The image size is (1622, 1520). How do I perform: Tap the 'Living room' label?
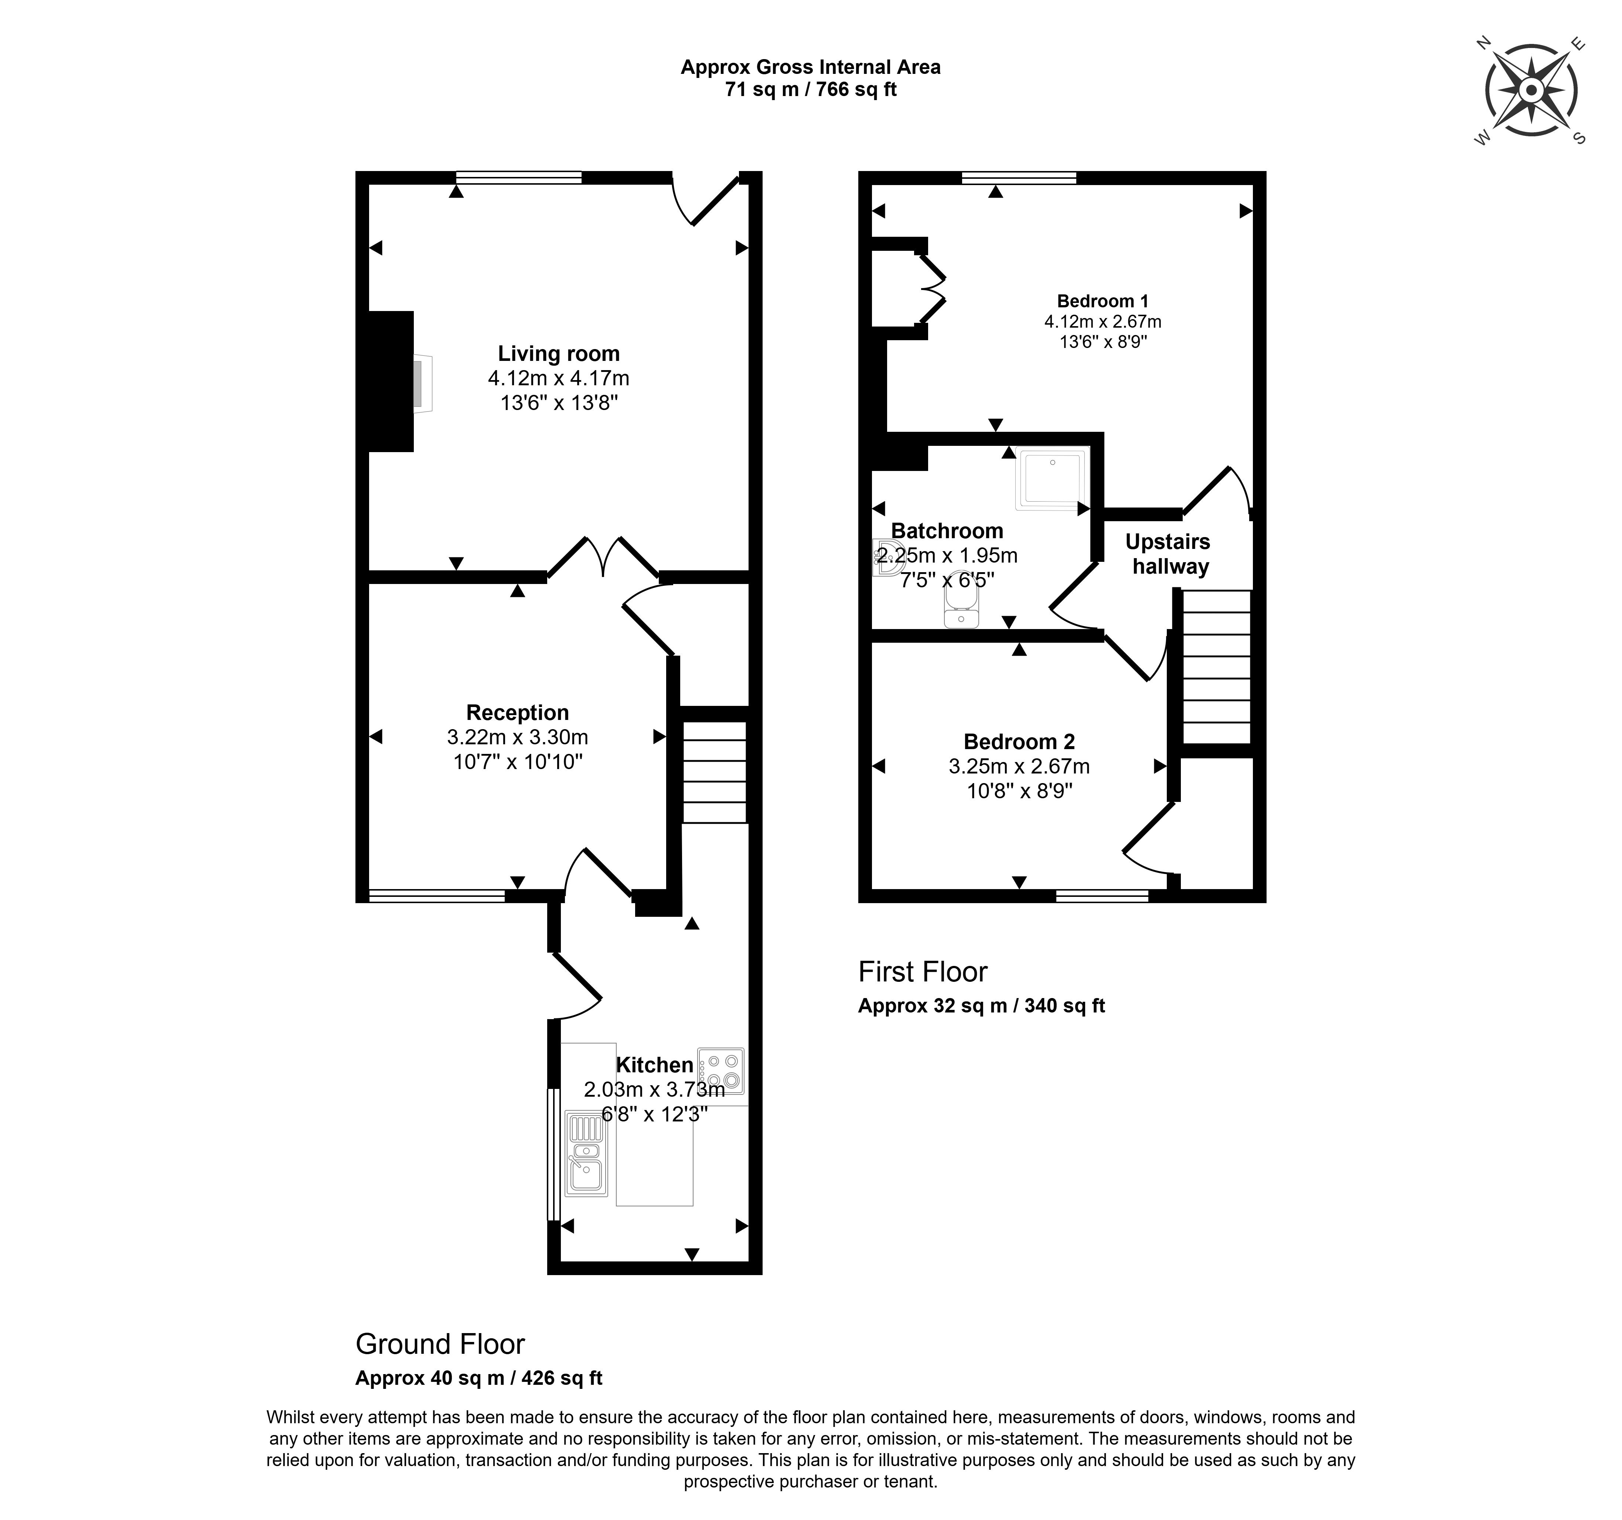pyautogui.click(x=559, y=353)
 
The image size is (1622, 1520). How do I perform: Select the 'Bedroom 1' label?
pyautogui.click(x=1102, y=301)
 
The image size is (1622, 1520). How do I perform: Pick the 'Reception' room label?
pyautogui.click(x=517, y=712)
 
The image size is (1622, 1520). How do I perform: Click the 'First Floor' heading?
pyautogui.click(x=923, y=972)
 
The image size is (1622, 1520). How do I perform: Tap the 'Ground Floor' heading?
pyautogui.click(x=440, y=1344)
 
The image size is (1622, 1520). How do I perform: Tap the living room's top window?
pyautogui.click(x=519, y=177)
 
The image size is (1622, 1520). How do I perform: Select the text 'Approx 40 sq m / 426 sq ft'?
pyautogui.click(x=479, y=1378)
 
